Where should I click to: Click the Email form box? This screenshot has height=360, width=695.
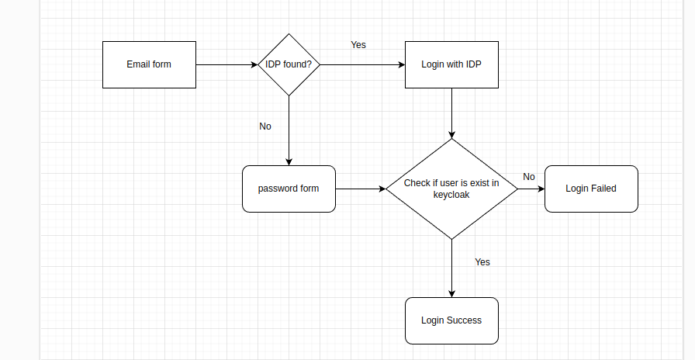point(149,64)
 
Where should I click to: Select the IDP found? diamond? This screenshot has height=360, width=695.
point(289,64)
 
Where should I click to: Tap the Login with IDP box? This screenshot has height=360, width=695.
point(451,64)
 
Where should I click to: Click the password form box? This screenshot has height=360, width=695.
point(289,189)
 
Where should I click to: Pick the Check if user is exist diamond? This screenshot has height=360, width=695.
point(451,189)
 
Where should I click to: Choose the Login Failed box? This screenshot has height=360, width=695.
point(591,189)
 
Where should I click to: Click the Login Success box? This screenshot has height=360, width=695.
point(451,320)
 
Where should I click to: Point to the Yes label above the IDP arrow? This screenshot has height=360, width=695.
point(358,45)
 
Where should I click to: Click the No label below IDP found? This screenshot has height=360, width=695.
point(265,126)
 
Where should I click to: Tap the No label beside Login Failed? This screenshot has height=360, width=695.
point(529,177)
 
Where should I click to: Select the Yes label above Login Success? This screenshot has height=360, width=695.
point(482,262)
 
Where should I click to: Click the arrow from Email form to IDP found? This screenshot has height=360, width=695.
point(226,65)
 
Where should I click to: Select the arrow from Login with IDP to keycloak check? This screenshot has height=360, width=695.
point(451,112)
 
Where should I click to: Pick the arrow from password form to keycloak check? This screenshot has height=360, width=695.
point(361,189)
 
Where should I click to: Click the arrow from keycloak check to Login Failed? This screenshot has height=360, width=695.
point(531,189)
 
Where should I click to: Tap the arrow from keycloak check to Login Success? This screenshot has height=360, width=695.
point(451,268)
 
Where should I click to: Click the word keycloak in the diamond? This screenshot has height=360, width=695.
point(451,196)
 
